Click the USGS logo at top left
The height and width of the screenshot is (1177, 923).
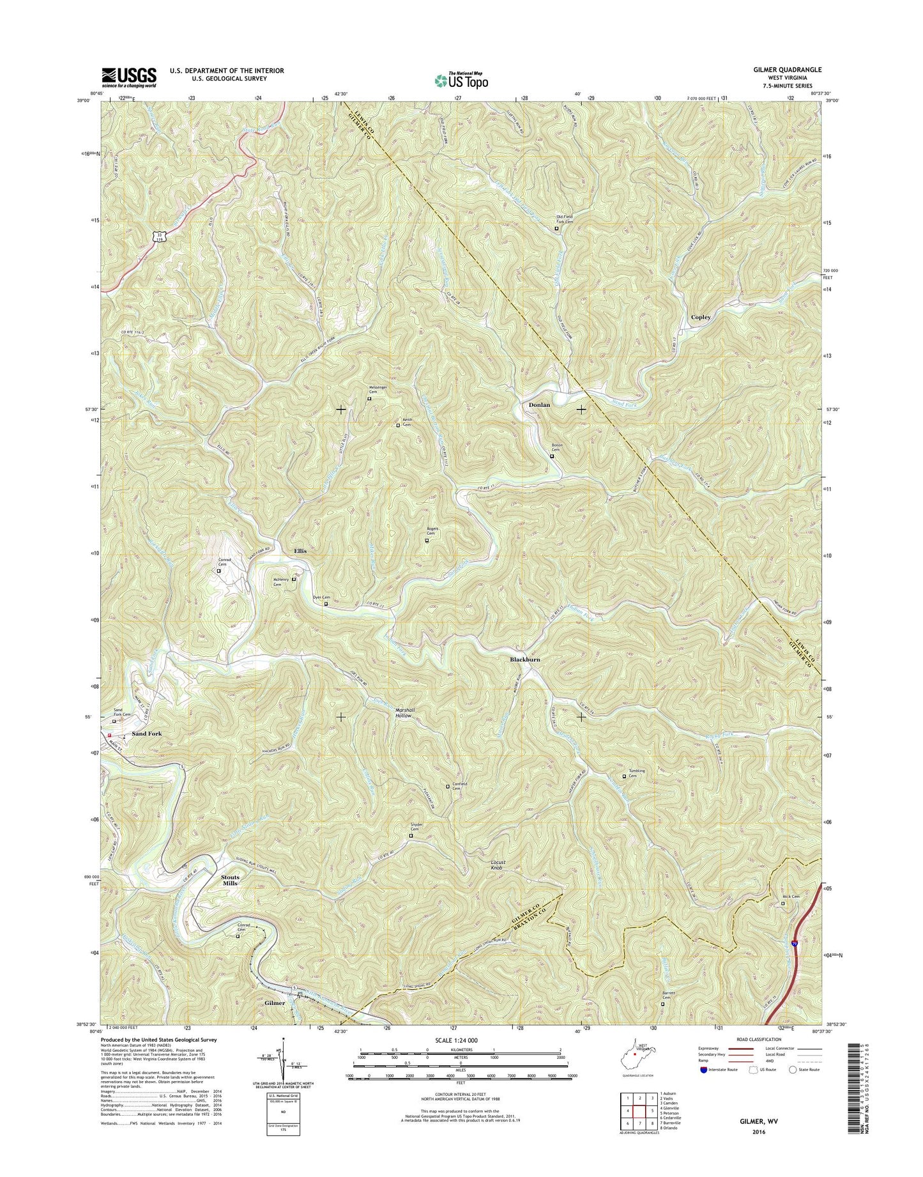[x=128, y=77]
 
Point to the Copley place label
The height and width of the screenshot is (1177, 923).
[x=700, y=317]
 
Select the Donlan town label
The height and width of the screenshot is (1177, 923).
[x=539, y=405]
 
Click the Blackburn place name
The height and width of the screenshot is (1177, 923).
[x=524, y=659]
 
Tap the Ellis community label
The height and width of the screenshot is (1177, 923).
[x=300, y=551]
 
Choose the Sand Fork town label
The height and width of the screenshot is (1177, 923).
[x=146, y=734]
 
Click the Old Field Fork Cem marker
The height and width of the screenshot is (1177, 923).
[x=564, y=219]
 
